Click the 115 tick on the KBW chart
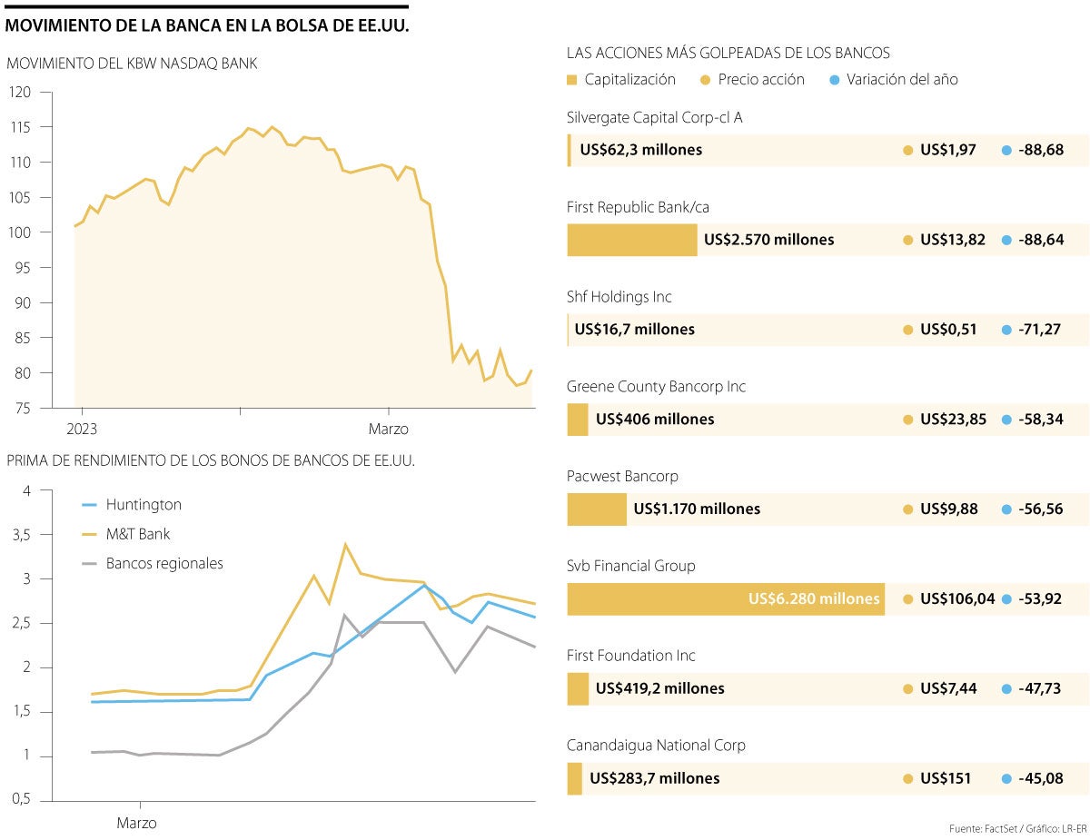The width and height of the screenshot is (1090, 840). click(x=19, y=127)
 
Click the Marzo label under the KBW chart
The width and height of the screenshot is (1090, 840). click(x=388, y=429)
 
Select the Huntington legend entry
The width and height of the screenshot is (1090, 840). click(x=143, y=505)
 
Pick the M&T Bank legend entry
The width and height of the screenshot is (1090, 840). click(x=137, y=534)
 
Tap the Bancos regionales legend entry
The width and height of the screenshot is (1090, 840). click(x=163, y=563)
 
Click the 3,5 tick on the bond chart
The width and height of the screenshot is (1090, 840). click(x=19, y=535)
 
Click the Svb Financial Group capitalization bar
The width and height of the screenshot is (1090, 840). click(x=726, y=598)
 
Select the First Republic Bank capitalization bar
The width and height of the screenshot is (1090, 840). click(x=632, y=240)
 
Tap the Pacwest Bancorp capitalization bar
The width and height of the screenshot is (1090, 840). click(x=597, y=509)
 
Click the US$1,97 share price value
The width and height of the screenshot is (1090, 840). click(x=947, y=150)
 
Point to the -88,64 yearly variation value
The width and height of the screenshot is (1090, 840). click(x=1038, y=240)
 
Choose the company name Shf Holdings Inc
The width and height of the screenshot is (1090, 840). click(x=619, y=297)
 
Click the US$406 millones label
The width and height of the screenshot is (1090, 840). click(x=655, y=420)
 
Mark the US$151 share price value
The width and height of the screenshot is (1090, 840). click(x=945, y=778)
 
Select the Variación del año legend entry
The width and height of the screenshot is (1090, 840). click(x=901, y=80)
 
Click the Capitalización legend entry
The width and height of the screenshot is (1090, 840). click(x=629, y=80)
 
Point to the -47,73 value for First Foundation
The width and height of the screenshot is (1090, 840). click(x=1038, y=688)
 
